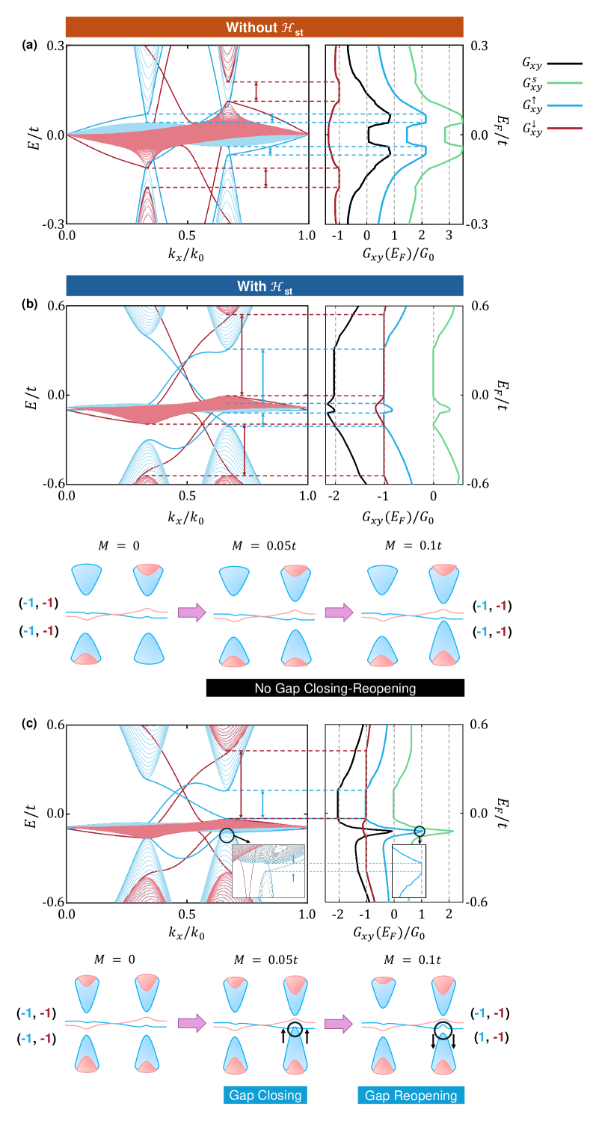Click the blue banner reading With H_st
pyautogui.click(x=265, y=286)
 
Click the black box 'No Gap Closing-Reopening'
pyautogui.click(x=335, y=687)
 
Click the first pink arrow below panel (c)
pyautogui.click(x=191, y=1025)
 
